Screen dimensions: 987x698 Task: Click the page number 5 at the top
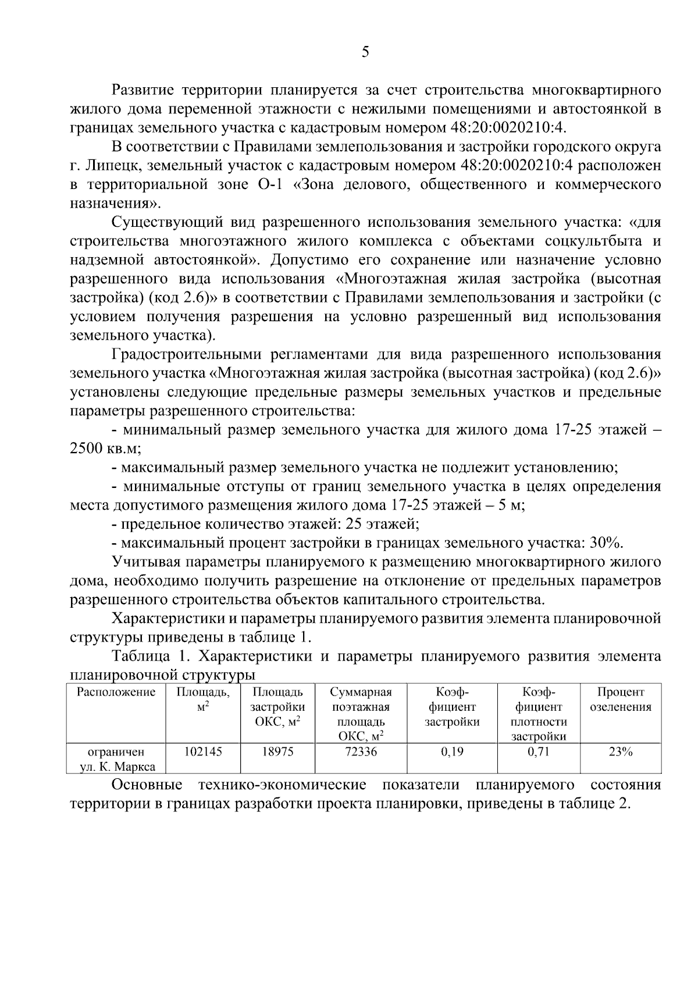click(x=365, y=52)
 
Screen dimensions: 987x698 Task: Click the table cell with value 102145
click(x=203, y=751)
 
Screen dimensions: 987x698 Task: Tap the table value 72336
click(x=361, y=751)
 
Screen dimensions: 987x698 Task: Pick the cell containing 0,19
click(x=452, y=751)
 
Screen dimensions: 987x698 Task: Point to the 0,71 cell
click(x=539, y=751)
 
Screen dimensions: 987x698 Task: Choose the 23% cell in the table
click(x=621, y=751)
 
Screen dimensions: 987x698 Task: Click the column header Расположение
click(x=116, y=692)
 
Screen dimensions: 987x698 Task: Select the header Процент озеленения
click(x=621, y=700)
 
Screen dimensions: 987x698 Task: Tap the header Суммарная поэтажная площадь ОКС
click(x=361, y=714)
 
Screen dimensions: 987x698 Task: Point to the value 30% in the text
click(x=606, y=543)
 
